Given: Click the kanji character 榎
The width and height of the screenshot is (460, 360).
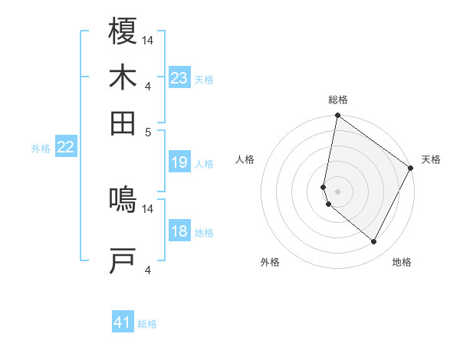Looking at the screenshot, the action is pyautogui.click(x=123, y=31).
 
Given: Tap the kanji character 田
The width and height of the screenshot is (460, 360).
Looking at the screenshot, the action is pyautogui.click(x=123, y=123).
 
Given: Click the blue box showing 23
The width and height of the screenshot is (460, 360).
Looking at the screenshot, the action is pyautogui.click(x=179, y=77).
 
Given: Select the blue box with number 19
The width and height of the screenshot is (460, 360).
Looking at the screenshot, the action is pyautogui.click(x=179, y=162).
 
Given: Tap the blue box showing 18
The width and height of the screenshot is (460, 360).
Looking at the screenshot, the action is pyautogui.click(x=179, y=231).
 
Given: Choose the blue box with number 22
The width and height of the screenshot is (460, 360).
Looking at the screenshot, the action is pyautogui.click(x=65, y=148).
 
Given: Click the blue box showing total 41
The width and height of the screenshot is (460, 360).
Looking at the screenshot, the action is pyautogui.click(x=123, y=322).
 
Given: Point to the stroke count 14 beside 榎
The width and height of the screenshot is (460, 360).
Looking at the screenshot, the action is pyautogui.click(x=149, y=39).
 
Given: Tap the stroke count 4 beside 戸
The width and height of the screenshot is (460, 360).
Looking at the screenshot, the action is pyautogui.click(x=149, y=269).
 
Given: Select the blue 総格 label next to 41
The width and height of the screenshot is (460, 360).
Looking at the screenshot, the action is pyautogui.click(x=147, y=324).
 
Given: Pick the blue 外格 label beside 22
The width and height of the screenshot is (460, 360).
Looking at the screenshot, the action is pyautogui.click(x=41, y=149).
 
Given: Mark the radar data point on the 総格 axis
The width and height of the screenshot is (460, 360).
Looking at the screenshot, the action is pyautogui.click(x=337, y=116).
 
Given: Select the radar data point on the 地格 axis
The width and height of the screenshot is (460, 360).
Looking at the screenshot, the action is pyautogui.click(x=374, y=242).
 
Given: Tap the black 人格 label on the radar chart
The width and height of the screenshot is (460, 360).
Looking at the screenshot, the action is pyautogui.click(x=245, y=159).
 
